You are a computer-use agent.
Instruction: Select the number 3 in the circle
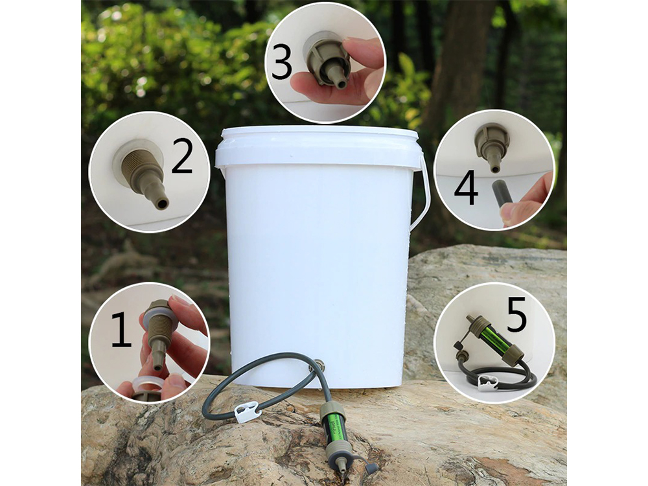(x=282, y=62)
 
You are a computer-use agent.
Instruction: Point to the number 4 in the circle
(x=467, y=189)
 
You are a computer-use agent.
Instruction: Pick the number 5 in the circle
(x=516, y=314)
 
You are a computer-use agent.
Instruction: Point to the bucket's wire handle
(x=424, y=198)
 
